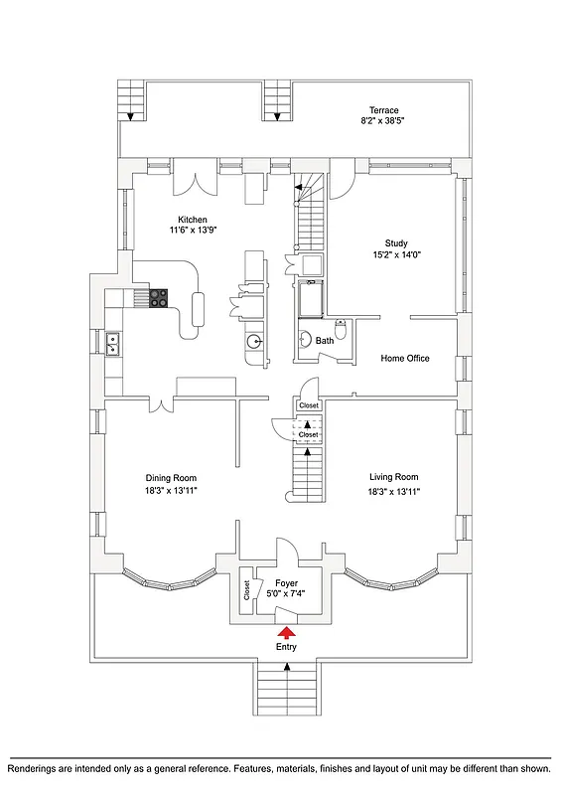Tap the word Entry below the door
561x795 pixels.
coord(286,647)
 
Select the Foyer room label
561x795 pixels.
coord(286,583)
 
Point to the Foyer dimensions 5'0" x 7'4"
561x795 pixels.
coord(286,594)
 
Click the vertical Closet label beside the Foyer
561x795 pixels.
coord(245,590)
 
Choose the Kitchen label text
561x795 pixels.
coord(192,220)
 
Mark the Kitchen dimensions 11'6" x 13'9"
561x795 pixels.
coord(192,231)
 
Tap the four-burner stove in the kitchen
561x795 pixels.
coord(159,296)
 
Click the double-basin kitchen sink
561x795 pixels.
coord(113,344)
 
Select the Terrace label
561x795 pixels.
coord(383,110)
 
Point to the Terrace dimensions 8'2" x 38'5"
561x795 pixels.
coord(383,120)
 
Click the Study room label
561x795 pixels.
coord(396,242)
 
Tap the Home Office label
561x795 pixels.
coord(405,358)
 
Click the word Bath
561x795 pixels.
coord(325,341)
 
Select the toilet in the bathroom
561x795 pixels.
coord(342,332)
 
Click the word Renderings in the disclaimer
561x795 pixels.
coord(37,769)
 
